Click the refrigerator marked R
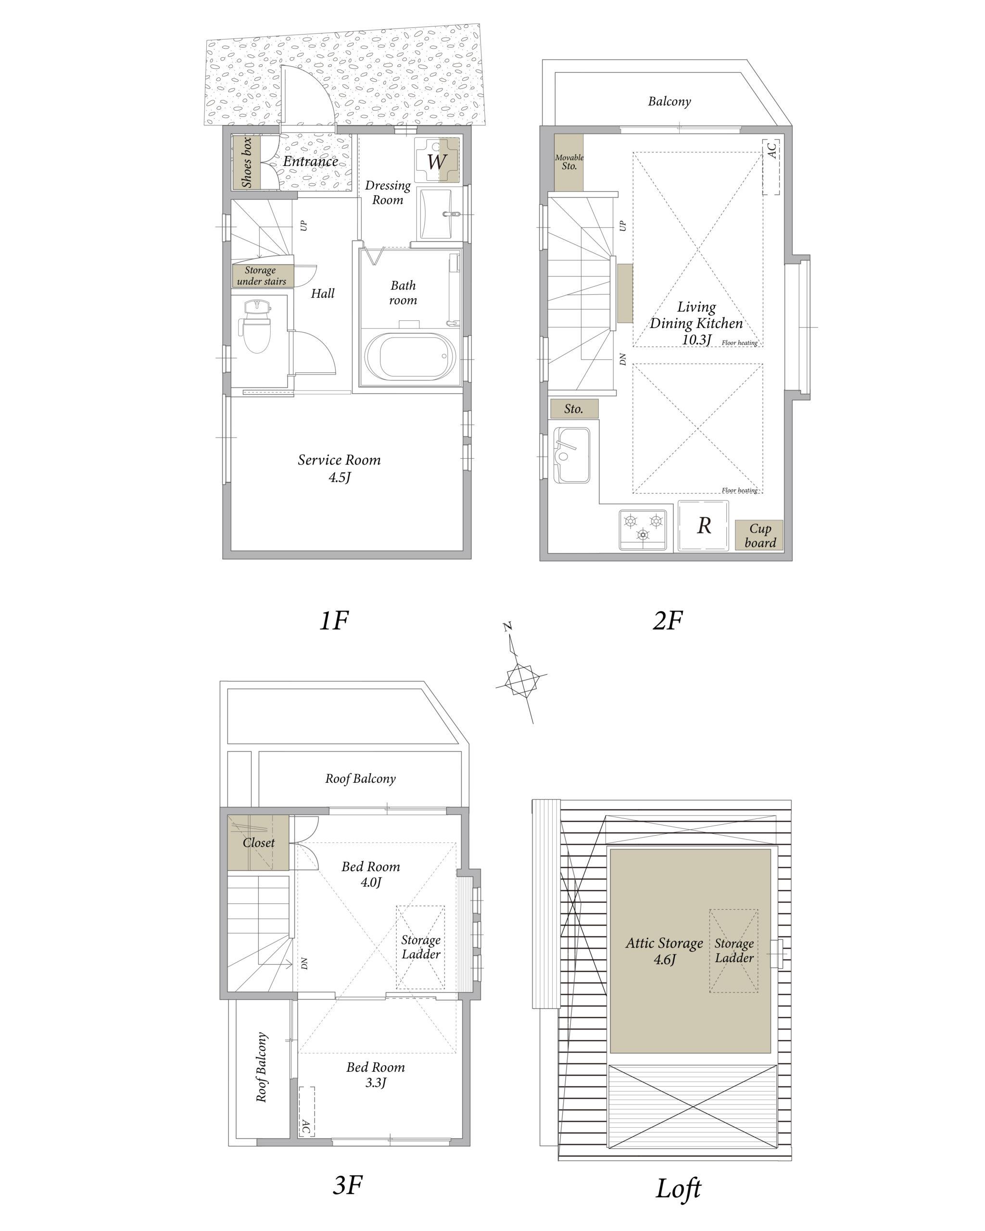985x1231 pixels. pyautogui.click(x=704, y=526)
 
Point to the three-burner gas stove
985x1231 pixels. pyautogui.click(x=643, y=529)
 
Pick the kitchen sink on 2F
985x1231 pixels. pyautogui.click(x=571, y=455)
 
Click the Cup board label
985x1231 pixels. pyautogui.click(x=759, y=536)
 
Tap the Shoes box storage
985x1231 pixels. pyautogui.click(x=246, y=162)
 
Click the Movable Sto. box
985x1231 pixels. pyautogui.click(x=568, y=162)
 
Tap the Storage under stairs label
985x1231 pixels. pyautogui.click(x=262, y=275)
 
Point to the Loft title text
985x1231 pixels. pyautogui.click(x=678, y=1189)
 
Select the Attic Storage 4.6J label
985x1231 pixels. pyautogui.click(x=664, y=951)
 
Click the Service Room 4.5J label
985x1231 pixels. pyautogui.click(x=339, y=467)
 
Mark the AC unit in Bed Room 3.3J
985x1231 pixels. pyautogui.click(x=307, y=1112)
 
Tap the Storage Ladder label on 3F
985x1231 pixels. pyautogui.click(x=421, y=947)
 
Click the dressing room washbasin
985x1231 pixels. pyautogui.click(x=436, y=214)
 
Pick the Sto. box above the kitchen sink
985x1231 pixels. pyautogui.click(x=574, y=409)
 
